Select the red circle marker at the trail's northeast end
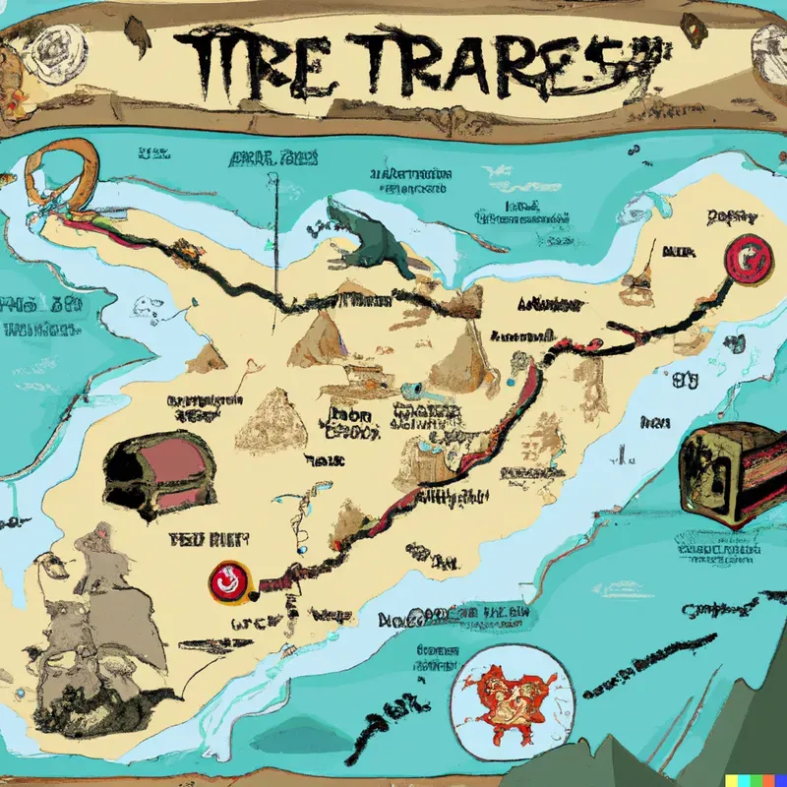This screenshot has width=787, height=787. click(x=745, y=259)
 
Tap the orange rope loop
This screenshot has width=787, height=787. click(x=63, y=175)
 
